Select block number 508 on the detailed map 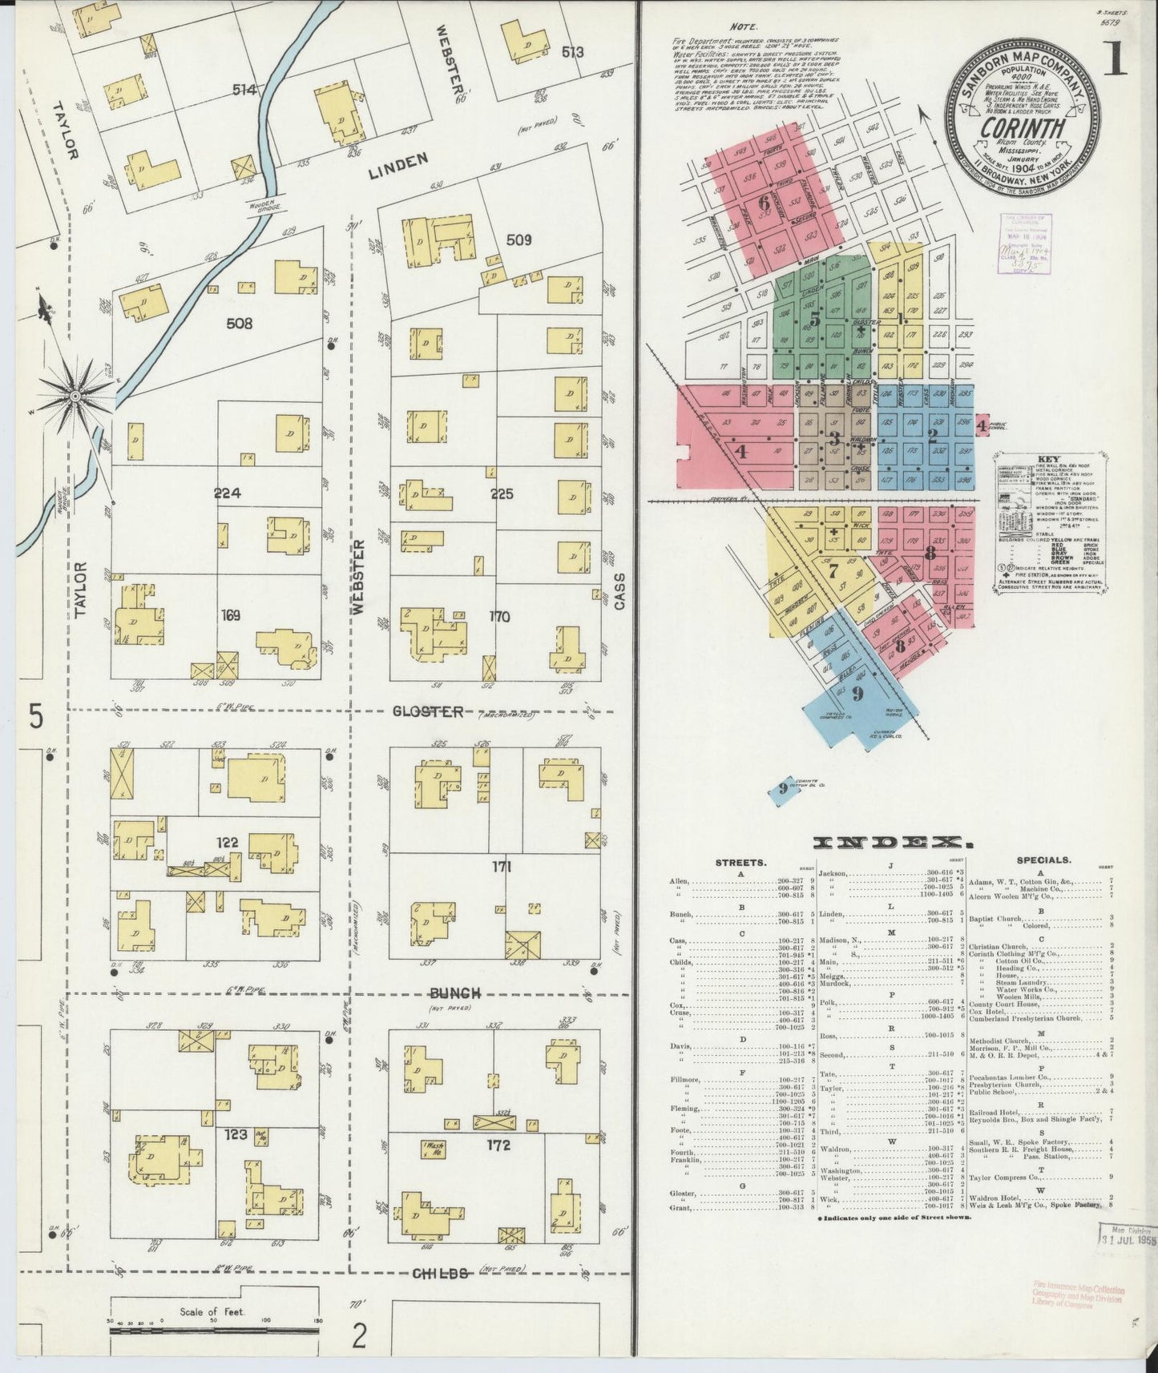(x=239, y=324)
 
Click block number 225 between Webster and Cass (x=502, y=494)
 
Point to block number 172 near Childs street (x=498, y=1146)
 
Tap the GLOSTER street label (x=428, y=711)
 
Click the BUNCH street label (x=454, y=993)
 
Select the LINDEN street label (x=398, y=161)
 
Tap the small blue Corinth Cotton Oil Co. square (x=781, y=788)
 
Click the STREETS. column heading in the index (x=741, y=862)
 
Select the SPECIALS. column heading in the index (x=1043, y=860)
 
